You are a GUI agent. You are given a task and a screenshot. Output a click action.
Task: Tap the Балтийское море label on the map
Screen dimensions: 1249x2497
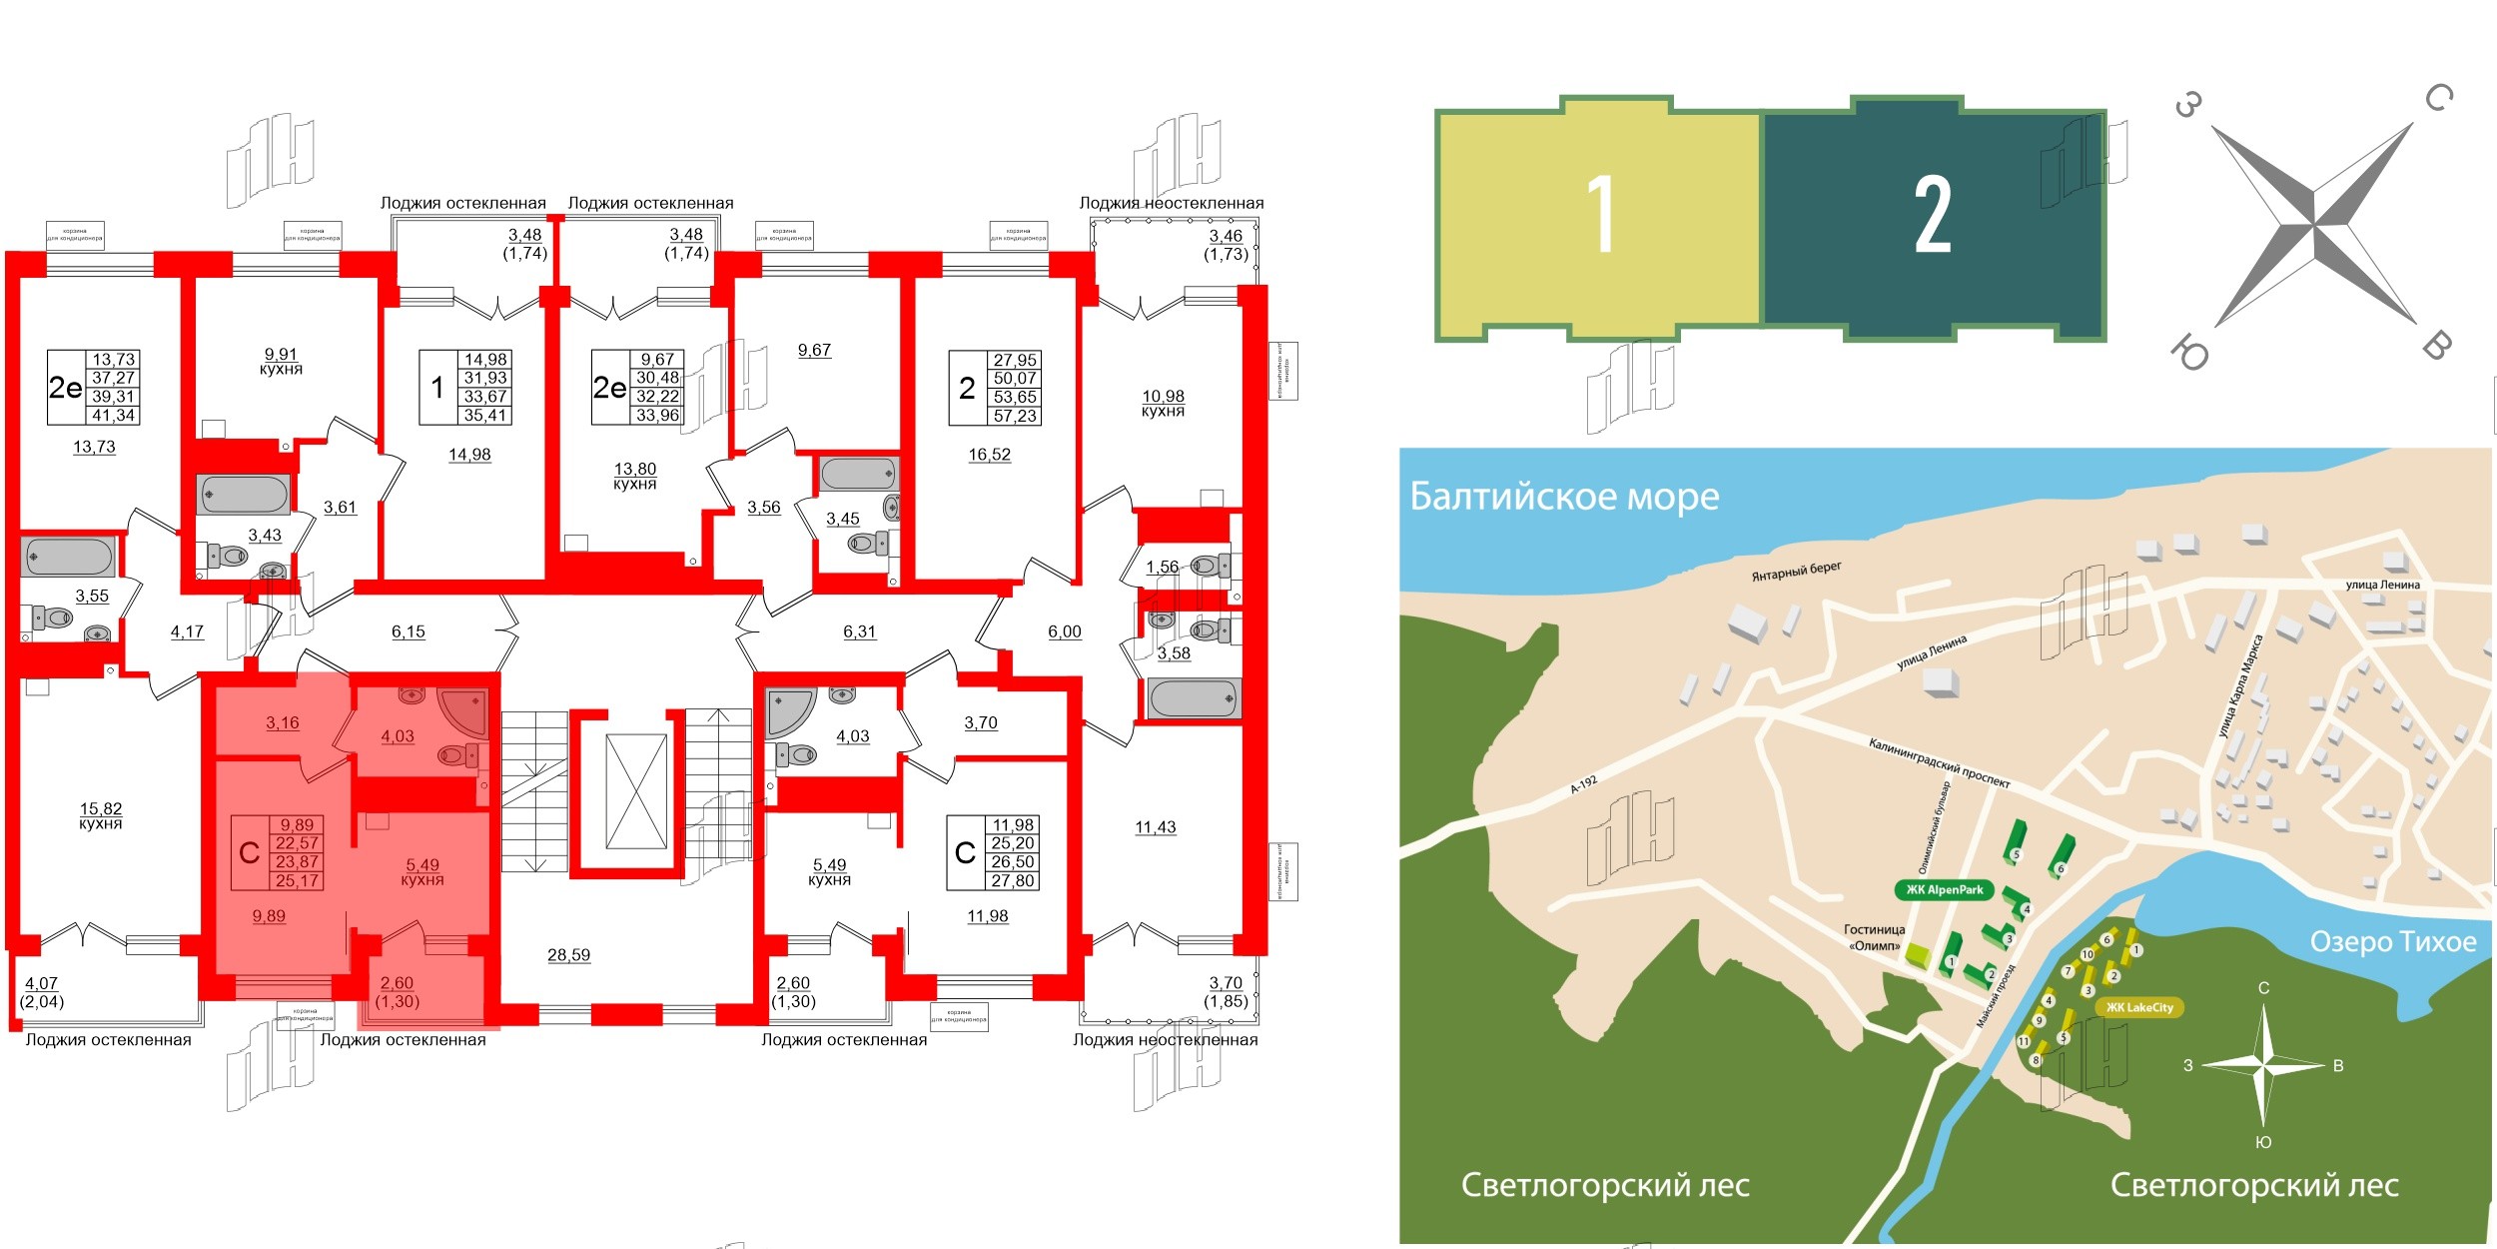(x=1564, y=497)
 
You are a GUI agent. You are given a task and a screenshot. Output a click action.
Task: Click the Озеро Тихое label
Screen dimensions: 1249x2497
(x=2393, y=941)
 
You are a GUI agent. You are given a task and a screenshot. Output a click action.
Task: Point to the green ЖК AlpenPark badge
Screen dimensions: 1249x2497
(x=1944, y=890)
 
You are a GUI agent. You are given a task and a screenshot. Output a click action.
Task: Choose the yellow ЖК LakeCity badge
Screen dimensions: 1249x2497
(x=2139, y=1007)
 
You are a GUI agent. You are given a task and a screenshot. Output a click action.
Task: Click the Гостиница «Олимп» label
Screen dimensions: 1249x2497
(x=1874, y=937)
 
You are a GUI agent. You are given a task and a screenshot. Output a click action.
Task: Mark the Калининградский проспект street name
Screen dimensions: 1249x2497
(x=1939, y=763)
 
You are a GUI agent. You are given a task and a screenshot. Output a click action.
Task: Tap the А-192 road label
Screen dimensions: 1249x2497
(x=1584, y=784)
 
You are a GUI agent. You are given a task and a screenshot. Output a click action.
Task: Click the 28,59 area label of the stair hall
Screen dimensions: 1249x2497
(x=568, y=955)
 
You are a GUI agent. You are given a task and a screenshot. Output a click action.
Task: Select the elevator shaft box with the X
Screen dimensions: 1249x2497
(x=636, y=791)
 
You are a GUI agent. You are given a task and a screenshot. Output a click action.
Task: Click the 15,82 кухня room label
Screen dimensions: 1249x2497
(x=101, y=815)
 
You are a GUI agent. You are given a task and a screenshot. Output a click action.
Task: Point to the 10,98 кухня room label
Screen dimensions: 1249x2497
(x=1163, y=403)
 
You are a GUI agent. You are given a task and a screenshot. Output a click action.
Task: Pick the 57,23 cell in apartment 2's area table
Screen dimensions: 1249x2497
(x=1015, y=416)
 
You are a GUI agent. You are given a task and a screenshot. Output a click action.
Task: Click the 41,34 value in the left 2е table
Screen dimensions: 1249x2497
(x=113, y=416)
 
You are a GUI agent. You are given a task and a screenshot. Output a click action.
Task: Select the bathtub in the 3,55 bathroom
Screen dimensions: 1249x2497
(x=68, y=557)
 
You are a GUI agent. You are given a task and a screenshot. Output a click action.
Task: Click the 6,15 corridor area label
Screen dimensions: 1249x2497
(x=408, y=631)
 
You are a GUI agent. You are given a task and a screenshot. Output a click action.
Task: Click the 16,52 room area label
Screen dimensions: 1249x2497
(x=989, y=455)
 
